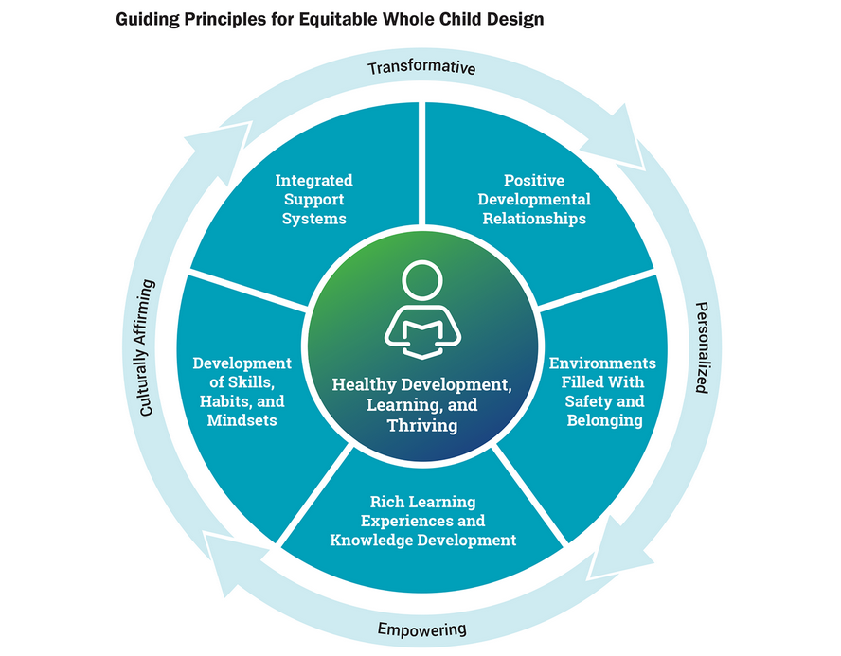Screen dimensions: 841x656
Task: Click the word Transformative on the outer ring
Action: click(421, 67)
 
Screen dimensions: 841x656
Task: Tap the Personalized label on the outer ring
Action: click(702, 347)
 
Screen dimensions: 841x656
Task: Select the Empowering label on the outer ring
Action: click(421, 629)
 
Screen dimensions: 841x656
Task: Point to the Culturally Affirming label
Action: click(147, 347)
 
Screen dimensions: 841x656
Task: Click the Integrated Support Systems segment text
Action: click(314, 200)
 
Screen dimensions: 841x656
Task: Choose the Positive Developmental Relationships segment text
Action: click(534, 200)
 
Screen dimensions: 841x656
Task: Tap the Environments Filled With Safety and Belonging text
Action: click(603, 392)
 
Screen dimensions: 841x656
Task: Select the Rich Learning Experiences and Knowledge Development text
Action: click(423, 521)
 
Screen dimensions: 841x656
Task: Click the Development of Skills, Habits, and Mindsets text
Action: click(242, 392)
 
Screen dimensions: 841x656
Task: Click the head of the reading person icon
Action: click(422, 280)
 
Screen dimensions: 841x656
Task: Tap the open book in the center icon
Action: click(422, 339)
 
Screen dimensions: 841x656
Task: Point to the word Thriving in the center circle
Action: click(422, 426)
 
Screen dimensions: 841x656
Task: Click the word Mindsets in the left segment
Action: click(242, 420)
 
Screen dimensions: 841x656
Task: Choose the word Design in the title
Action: click(515, 19)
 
